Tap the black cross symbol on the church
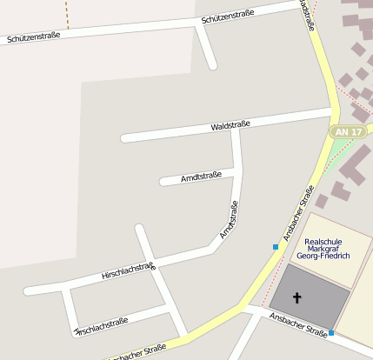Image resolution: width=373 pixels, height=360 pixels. tap(297, 298)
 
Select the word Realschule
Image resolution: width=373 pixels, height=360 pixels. tap(323, 242)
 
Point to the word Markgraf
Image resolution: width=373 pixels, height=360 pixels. tap(323, 250)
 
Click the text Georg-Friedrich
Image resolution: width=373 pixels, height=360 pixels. tap(323, 257)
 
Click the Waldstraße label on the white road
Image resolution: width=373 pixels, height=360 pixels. tap(230, 126)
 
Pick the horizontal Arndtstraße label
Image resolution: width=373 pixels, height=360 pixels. tap(201, 177)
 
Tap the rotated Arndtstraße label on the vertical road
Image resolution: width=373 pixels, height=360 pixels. tap(229, 220)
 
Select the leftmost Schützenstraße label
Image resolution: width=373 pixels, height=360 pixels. tap(33, 37)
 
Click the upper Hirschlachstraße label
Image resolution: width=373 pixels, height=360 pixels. tap(128, 271)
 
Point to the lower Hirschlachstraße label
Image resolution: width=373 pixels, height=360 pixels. tap(102, 325)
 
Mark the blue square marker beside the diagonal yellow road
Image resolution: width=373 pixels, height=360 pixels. tap(276, 247)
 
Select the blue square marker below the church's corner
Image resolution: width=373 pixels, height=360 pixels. tap(331, 332)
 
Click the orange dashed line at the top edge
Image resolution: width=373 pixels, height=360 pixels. tap(67, 10)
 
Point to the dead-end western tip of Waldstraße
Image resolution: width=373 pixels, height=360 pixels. tap(124, 138)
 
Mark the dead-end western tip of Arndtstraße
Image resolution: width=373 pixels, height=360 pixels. tap(163, 182)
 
